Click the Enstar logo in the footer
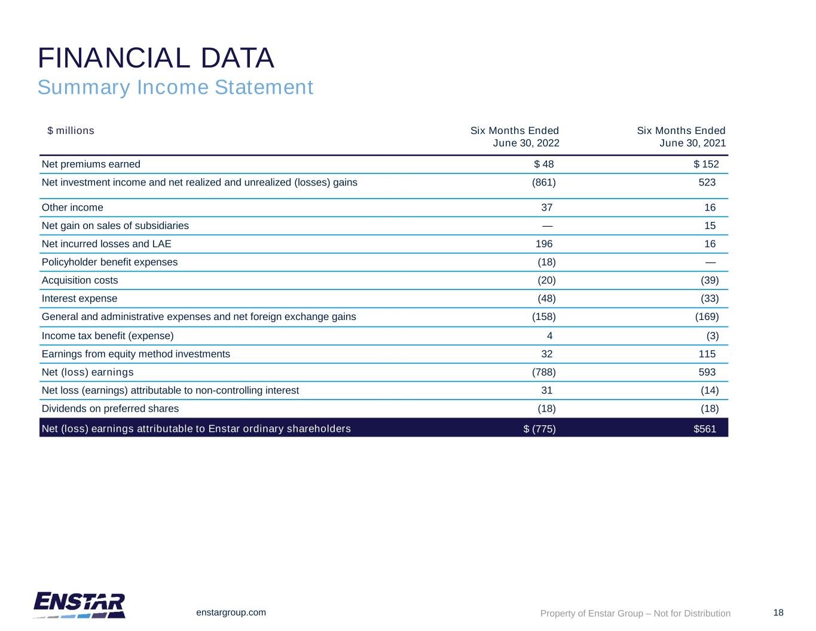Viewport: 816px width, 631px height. tap(79, 605)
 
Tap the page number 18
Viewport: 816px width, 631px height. tap(778, 612)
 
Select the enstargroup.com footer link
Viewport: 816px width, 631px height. tap(231, 612)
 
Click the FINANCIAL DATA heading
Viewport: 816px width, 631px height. tap(156, 58)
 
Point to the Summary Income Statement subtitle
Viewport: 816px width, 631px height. tap(175, 87)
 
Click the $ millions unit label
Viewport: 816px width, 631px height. tap(71, 130)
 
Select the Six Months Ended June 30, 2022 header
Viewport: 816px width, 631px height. tap(515, 136)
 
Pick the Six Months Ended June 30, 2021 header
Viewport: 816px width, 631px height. tap(681, 136)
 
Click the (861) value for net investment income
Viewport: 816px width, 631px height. tap(543, 182)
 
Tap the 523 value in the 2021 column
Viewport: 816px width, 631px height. tap(707, 182)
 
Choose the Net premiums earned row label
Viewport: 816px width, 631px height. tap(91, 164)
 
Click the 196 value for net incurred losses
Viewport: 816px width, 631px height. tap(544, 244)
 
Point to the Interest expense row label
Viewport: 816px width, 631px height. tap(80, 298)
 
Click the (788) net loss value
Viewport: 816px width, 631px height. tap(543, 372)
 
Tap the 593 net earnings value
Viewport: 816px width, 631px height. tap(707, 372)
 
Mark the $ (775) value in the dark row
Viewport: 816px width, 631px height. tap(539, 428)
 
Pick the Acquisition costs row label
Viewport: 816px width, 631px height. tap(80, 280)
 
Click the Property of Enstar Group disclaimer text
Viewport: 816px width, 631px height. tap(635, 613)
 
